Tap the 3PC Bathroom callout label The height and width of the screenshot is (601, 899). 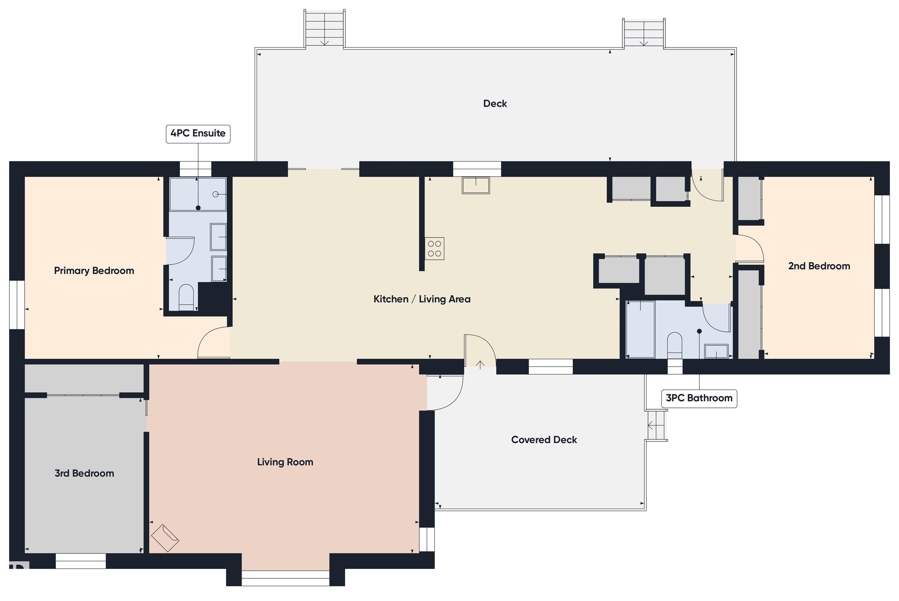[699, 398]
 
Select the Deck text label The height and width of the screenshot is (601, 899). [495, 103]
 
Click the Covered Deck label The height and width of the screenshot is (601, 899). [544, 440]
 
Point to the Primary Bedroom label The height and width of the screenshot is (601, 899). [94, 271]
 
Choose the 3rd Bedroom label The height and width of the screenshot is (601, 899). [84, 473]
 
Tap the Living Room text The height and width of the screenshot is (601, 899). [285, 462]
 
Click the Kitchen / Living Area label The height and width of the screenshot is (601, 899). [422, 299]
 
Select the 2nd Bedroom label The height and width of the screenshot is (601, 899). [819, 266]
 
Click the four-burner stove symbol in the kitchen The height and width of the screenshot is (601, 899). [434, 248]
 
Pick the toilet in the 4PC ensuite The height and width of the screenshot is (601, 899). [186, 296]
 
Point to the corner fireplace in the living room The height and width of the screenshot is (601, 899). [165, 538]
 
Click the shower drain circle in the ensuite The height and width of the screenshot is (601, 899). [216, 194]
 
